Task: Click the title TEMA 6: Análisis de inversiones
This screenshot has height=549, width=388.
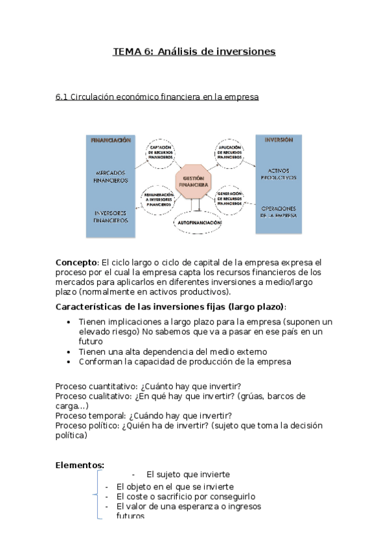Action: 194,51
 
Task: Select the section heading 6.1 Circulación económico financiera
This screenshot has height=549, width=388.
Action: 157,96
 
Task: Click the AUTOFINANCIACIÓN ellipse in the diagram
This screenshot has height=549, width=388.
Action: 198,222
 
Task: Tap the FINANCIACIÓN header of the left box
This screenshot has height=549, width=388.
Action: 111,140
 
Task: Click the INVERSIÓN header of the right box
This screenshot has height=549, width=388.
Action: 279,139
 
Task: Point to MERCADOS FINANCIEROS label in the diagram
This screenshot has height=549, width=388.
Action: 111,177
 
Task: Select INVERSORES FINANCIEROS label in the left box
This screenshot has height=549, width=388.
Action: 111,216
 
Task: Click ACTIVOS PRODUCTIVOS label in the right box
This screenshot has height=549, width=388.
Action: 279,174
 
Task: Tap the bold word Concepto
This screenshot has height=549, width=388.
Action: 76,262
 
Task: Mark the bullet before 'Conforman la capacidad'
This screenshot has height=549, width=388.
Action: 70,362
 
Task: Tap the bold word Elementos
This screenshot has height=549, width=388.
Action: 80,465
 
